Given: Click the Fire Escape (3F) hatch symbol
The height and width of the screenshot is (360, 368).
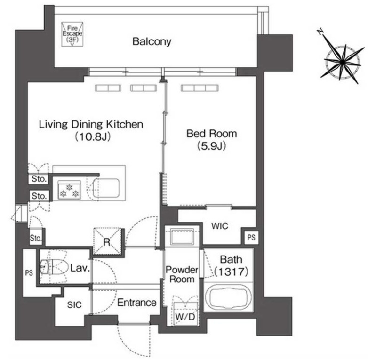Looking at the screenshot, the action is click(72, 34).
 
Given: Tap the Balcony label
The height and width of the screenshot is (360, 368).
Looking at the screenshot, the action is click(152, 41).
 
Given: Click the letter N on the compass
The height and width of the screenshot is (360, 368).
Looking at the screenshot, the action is click(320, 32).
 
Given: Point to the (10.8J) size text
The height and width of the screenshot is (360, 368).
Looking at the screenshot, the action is click(93, 136).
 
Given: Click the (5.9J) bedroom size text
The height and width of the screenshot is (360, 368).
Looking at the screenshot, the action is click(212, 146).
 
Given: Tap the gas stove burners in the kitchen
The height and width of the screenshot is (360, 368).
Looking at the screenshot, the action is click(69, 190).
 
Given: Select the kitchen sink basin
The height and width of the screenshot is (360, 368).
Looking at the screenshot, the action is click(106, 188).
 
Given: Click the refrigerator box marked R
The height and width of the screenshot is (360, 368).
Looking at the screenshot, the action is click(107, 241).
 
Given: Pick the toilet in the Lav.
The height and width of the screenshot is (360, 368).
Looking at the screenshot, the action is click(52, 267).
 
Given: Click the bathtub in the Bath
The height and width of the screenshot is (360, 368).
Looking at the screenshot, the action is click(229, 297).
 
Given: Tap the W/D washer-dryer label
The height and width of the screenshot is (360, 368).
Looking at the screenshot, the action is click(185, 317).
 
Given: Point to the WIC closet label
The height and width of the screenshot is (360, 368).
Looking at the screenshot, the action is click(220, 226).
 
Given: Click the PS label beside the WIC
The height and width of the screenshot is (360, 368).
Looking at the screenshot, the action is click(251, 238).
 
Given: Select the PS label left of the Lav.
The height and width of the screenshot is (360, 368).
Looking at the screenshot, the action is click(29, 273).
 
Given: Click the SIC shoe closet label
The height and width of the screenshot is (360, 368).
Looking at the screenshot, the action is click(74, 305).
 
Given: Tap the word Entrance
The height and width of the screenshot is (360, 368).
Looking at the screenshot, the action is click(137, 303).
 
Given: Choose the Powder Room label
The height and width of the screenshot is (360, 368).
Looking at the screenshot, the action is click(182, 274).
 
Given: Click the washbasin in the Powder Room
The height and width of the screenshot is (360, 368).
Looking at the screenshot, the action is click(182, 237).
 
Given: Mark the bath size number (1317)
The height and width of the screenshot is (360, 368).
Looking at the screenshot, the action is click(231, 272).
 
